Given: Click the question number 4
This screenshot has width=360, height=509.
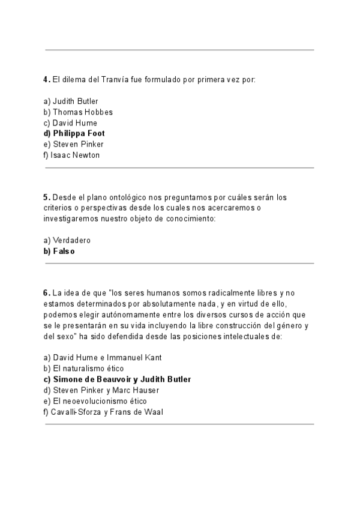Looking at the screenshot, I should (46, 79).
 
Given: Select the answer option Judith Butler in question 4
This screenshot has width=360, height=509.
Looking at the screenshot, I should (71, 101).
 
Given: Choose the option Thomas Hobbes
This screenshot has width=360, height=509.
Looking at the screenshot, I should (78, 112).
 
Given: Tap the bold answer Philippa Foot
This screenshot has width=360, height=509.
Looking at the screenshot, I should (74, 133).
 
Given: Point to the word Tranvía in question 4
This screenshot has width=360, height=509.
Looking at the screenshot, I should (114, 79).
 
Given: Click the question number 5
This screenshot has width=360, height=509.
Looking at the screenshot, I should (46, 197).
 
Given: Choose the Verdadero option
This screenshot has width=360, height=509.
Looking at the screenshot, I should (67, 240).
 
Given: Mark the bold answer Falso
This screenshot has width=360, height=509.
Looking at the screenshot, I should (59, 251).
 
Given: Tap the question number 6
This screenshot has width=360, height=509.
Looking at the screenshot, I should (46, 293).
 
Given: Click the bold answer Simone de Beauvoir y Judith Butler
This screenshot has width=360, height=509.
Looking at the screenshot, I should (117, 379).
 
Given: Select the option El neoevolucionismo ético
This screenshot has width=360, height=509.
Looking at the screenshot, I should (95, 401).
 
